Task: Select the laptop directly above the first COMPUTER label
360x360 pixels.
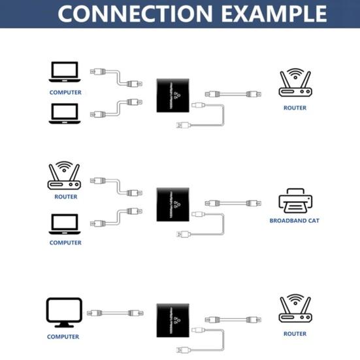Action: click(x=65, y=71)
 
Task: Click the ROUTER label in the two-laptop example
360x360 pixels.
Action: click(x=295, y=108)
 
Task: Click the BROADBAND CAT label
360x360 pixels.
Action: click(x=294, y=221)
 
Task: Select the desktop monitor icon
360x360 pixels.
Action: click(x=64, y=313)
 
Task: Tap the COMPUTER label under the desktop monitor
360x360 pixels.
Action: click(x=63, y=337)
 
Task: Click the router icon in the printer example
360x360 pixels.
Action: click(x=65, y=176)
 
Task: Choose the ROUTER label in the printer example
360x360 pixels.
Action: click(x=65, y=197)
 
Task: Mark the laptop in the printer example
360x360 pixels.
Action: click(x=65, y=224)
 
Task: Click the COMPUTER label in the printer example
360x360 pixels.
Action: click(x=65, y=242)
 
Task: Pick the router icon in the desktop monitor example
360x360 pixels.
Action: click(x=295, y=310)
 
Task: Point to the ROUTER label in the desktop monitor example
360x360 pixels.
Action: click(x=295, y=334)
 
